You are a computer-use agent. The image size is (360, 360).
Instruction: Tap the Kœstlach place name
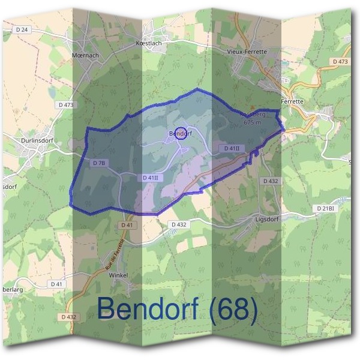point(149,44)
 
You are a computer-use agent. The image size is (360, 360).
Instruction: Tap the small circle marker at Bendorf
point(179,133)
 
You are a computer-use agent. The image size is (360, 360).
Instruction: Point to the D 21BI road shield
point(325,208)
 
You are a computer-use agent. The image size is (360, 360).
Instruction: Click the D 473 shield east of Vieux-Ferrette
point(339,62)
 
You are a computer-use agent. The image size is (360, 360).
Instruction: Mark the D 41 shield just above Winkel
point(126,224)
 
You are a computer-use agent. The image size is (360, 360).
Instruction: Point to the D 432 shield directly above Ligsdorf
point(271,181)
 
